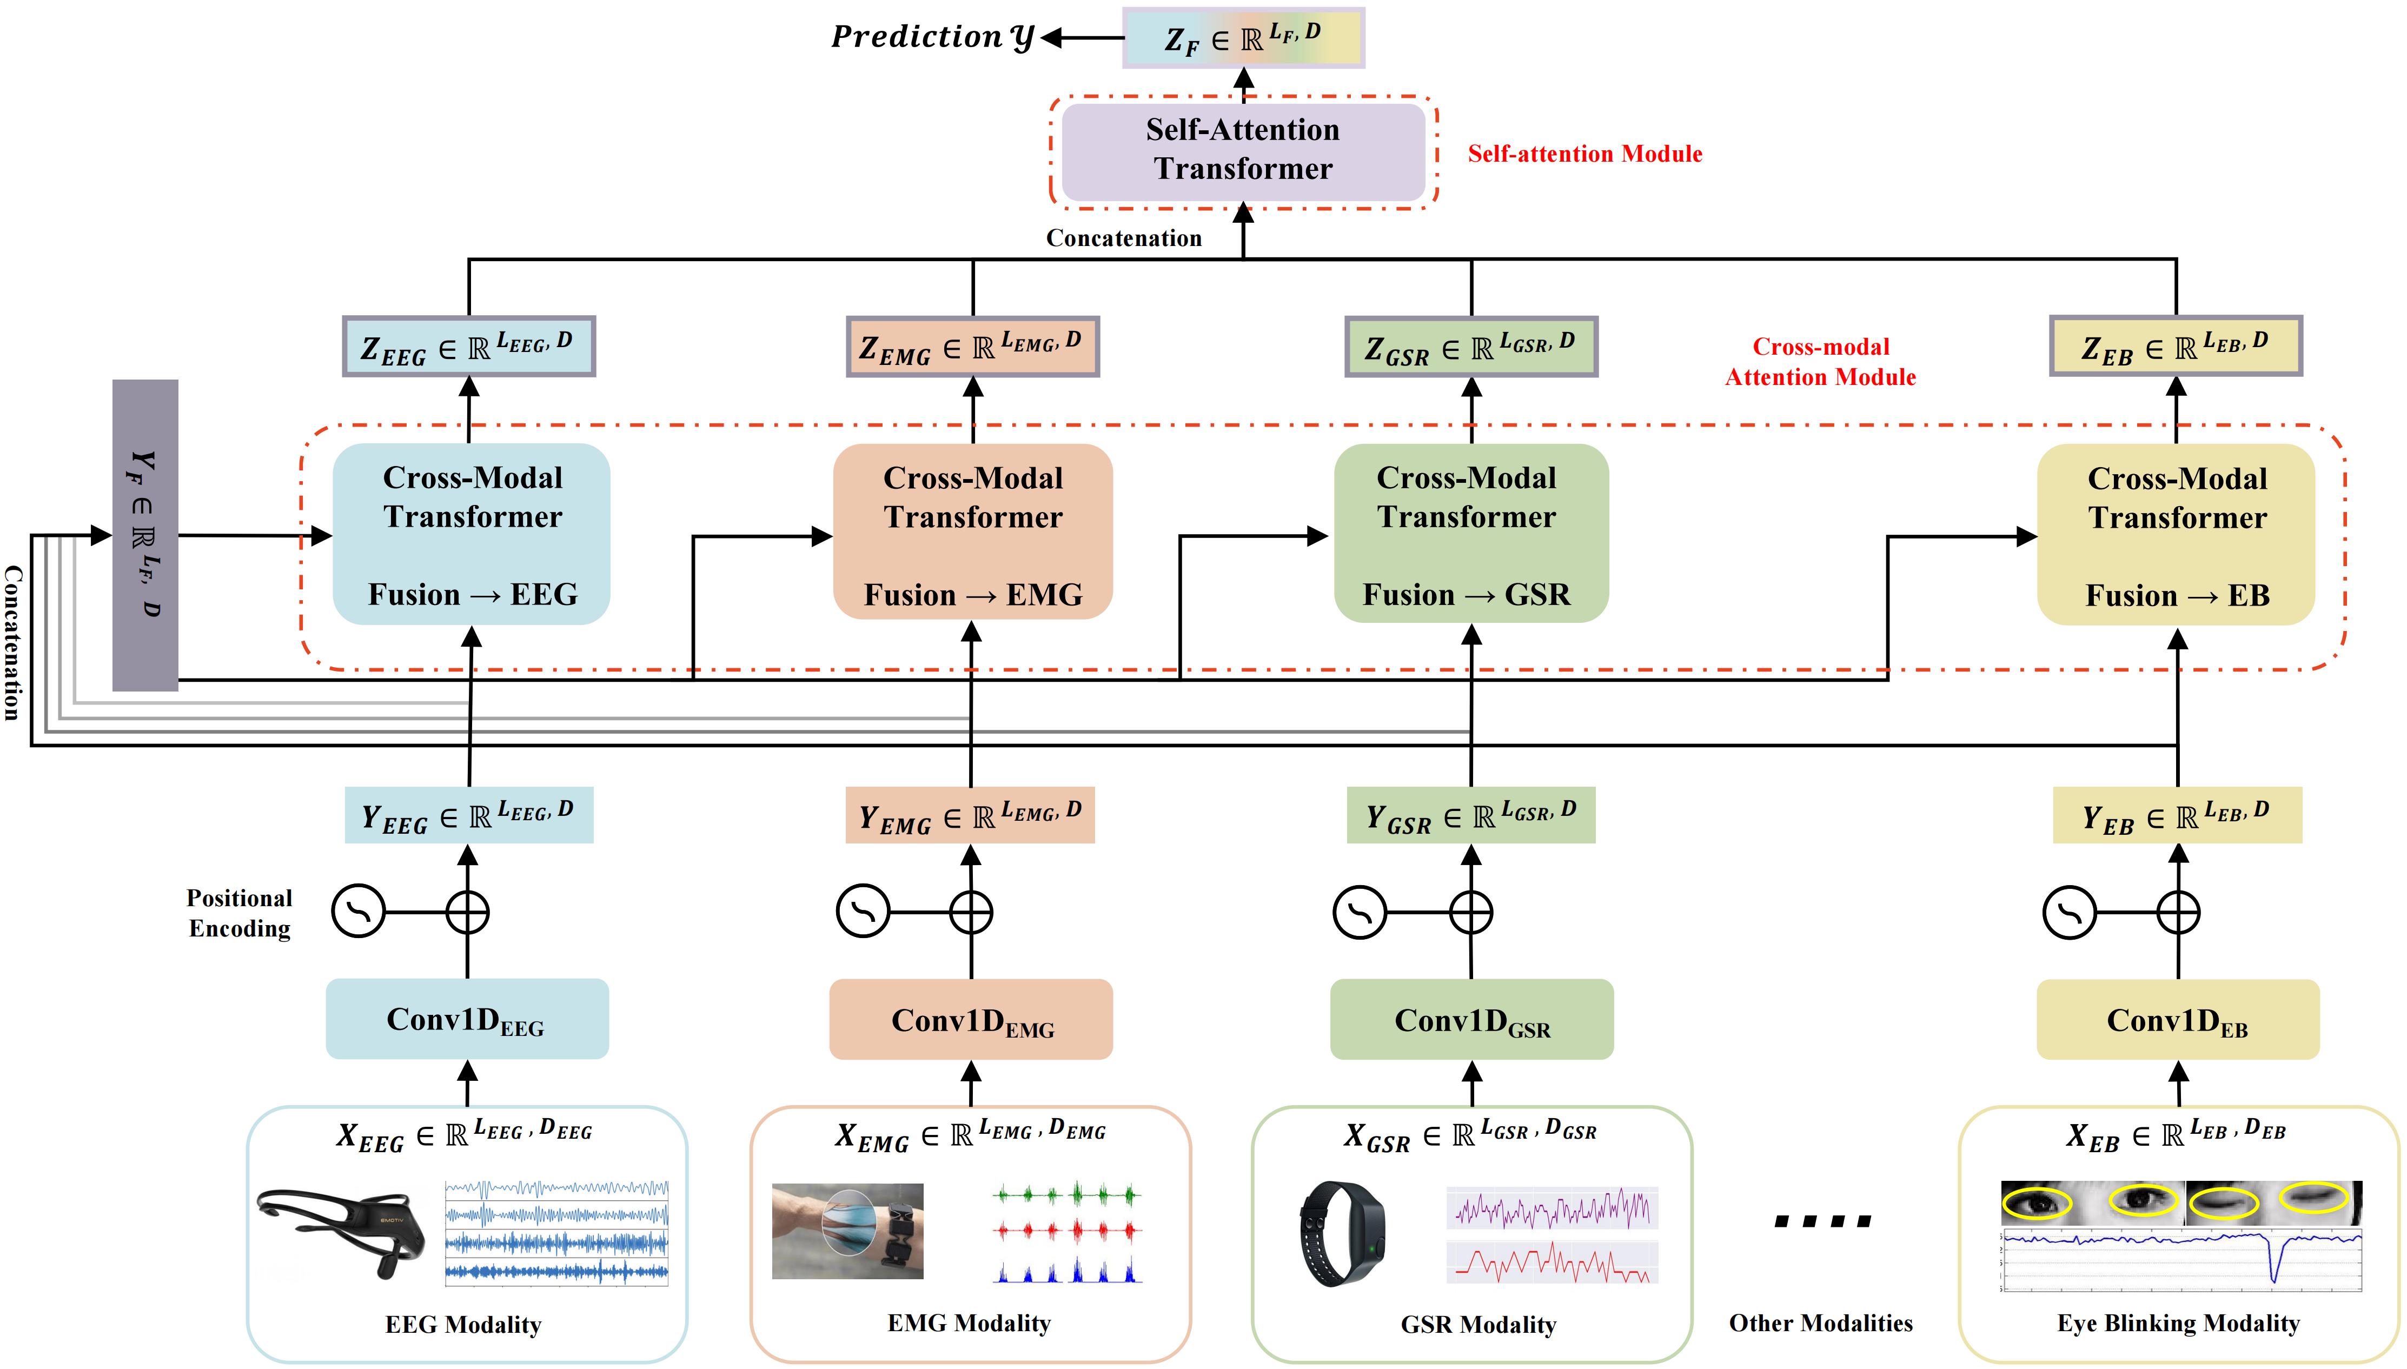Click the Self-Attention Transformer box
pos(1243,150)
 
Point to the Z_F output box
pos(1243,38)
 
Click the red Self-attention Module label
pos(1584,154)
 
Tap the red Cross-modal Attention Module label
pos(1820,362)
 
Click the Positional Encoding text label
pos(240,913)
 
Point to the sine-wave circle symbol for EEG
pos(358,911)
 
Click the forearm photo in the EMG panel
pos(847,1231)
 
